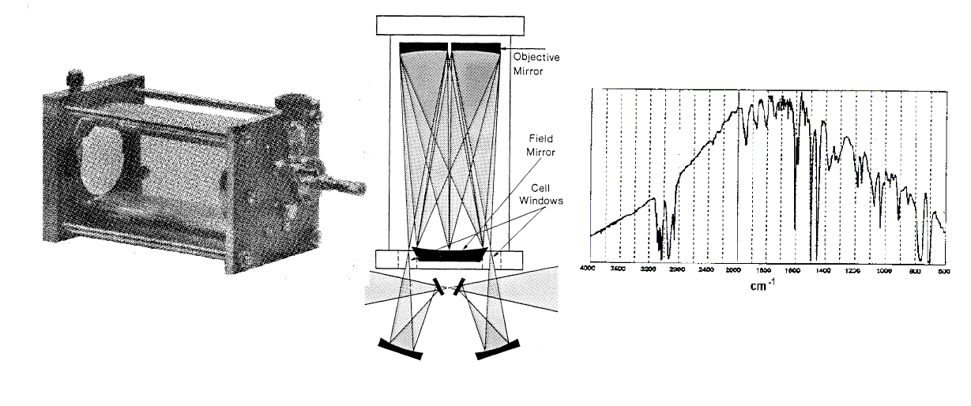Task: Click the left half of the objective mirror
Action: coord(423,48)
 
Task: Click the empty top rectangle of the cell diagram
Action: coord(449,24)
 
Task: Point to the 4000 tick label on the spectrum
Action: coord(588,269)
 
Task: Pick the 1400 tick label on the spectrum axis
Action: coord(822,269)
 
